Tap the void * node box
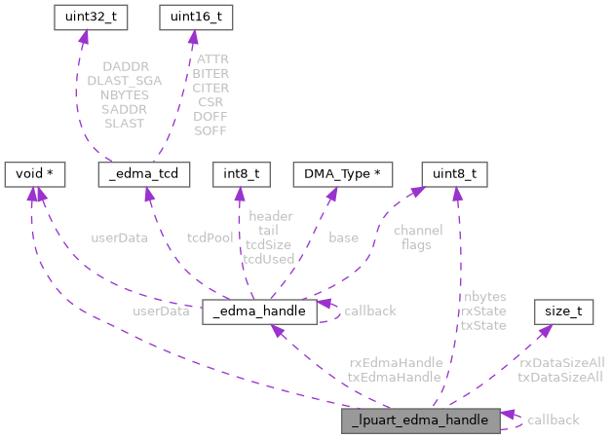pyautogui.click(x=35, y=174)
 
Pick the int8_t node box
pyautogui.click(x=240, y=174)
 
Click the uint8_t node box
pyautogui.click(x=454, y=174)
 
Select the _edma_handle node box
pyautogui.click(x=259, y=311)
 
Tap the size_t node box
pyautogui.click(x=563, y=311)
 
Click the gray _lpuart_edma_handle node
pyautogui.click(x=420, y=420)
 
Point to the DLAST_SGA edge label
pyautogui.click(x=124, y=82)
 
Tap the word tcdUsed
pyautogui.click(x=270, y=259)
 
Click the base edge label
pyautogui.click(x=343, y=238)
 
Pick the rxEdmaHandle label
pyautogui.click(x=395, y=362)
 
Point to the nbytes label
pyautogui.click(x=483, y=296)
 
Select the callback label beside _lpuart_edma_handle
pyautogui.click(x=553, y=420)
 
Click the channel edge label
pyautogui.click(x=418, y=231)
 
